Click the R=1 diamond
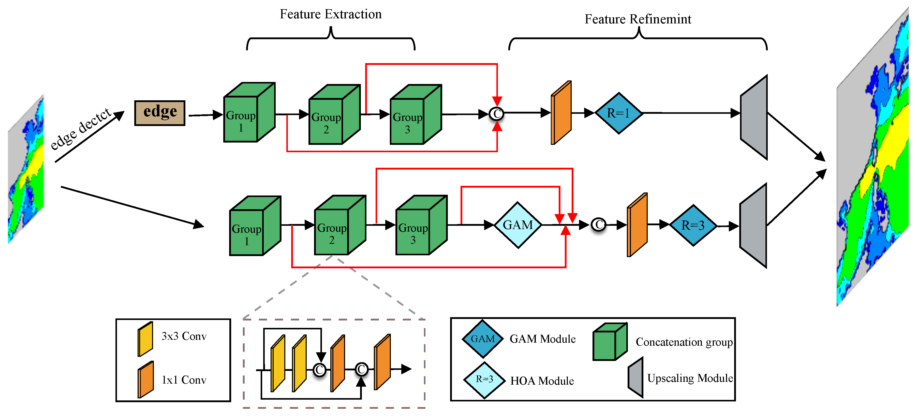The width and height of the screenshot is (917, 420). tap(619, 113)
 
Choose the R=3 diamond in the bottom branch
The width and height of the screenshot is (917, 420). tap(693, 225)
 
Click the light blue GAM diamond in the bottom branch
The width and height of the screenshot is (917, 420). tap(518, 225)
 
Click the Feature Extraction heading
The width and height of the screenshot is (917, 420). tap(330, 14)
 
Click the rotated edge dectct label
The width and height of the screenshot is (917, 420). tap(81, 129)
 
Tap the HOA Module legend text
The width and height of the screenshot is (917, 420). tap(542, 381)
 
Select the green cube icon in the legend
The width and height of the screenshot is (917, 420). tap(610, 342)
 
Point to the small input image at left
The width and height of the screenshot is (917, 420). tap(26, 169)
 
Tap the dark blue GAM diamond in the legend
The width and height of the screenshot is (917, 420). tap(483, 339)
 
